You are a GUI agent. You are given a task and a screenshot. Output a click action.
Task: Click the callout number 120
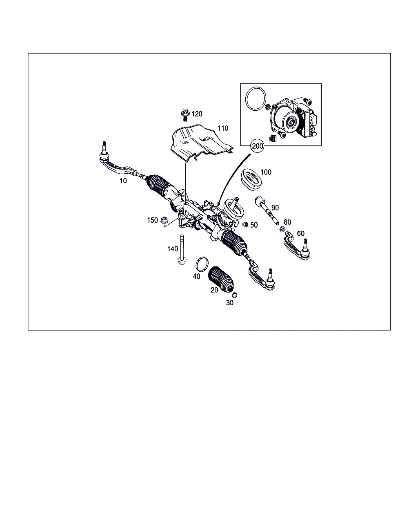(196, 114)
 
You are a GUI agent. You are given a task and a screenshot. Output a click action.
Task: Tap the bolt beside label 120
(185, 115)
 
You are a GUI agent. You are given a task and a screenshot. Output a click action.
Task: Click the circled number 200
(257, 146)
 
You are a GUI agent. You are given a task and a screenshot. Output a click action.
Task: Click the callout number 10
(123, 181)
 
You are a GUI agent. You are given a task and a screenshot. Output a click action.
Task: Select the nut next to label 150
(164, 220)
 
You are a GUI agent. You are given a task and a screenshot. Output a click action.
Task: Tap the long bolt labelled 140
(182, 250)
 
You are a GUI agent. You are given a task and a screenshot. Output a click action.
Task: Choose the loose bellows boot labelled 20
(220, 279)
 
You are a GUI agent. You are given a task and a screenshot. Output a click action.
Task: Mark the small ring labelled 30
(235, 295)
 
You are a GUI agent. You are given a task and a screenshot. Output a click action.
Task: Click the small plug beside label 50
(245, 225)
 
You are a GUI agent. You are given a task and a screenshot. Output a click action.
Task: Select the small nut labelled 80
(282, 229)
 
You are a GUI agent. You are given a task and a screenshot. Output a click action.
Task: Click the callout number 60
(300, 233)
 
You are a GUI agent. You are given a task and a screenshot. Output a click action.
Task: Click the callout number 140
(172, 249)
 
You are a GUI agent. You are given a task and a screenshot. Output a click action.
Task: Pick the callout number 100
(266, 172)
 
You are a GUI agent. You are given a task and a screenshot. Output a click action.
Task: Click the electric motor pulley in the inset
(290, 123)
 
